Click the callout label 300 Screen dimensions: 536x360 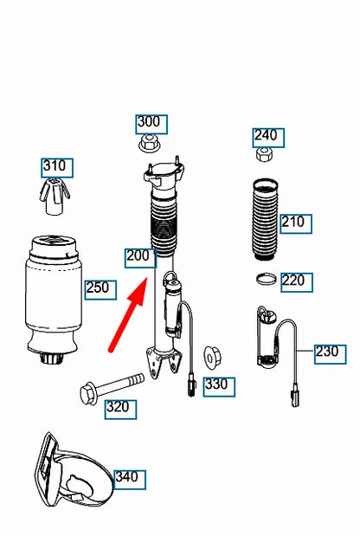[x=149, y=122]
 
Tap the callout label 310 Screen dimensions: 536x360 [x=58, y=165]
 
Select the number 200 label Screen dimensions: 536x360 [x=139, y=257]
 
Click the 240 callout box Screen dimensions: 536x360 [x=266, y=135]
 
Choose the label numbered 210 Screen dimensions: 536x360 [x=293, y=223]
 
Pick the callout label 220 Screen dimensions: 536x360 [x=293, y=281]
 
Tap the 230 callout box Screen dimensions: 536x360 [x=327, y=352]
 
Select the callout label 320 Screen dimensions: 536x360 [x=119, y=407]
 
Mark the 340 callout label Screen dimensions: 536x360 [x=126, y=477]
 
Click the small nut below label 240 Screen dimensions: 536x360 [x=265, y=155]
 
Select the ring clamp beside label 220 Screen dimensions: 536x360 [x=267, y=280]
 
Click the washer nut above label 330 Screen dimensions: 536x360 [x=210, y=358]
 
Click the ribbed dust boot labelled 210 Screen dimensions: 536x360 [x=261, y=223]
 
